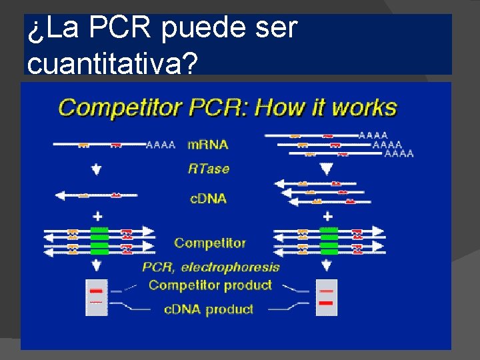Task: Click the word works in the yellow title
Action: (x=364, y=107)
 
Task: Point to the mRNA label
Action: (x=207, y=144)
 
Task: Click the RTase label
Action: (x=208, y=169)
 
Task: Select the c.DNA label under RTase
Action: (x=207, y=198)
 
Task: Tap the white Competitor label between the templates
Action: (x=210, y=243)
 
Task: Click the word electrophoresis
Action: (x=230, y=267)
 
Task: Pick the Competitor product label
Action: (x=210, y=285)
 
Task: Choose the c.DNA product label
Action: (x=208, y=309)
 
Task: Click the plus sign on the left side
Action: (x=97, y=217)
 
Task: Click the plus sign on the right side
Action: (x=327, y=217)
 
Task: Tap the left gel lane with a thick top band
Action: (x=96, y=297)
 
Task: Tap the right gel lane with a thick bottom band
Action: (x=327, y=297)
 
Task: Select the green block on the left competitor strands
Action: (x=99, y=241)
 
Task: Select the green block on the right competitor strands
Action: (x=329, y=241)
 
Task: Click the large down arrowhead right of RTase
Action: (x=326, y=169)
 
